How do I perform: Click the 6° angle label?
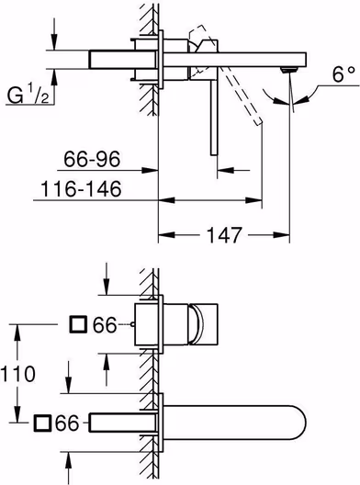tap(343, 74)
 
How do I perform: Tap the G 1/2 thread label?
tap(28, 95)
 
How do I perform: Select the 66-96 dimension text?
tap(92, 159)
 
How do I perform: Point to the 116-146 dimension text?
tap(81, 189)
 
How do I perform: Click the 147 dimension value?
tap(224, 235)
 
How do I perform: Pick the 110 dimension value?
tap(18, 374)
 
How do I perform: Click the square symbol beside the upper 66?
tap(78, 324)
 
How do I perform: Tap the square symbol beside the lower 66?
tap(42, 423)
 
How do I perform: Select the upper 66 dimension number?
tap(106, 325)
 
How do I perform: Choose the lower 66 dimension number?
tap(67, 423)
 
